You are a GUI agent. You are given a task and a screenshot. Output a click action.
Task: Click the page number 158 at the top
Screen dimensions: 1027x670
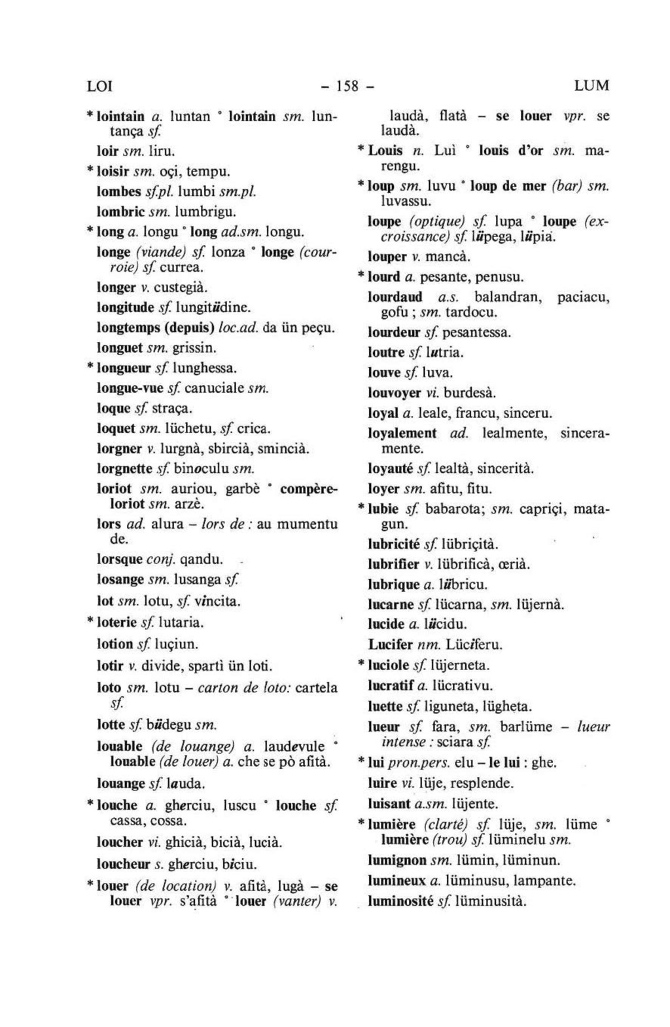point(345,86)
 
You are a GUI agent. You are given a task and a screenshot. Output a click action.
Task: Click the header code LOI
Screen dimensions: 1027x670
point(100,86)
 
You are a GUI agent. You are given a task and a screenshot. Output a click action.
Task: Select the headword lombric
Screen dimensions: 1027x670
point(120,212)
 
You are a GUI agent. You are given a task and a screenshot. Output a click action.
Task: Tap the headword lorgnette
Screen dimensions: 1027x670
point(125,469)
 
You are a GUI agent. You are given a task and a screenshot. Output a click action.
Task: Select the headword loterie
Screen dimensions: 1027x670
point(117,622)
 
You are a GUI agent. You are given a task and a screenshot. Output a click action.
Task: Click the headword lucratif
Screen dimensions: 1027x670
point(391,686)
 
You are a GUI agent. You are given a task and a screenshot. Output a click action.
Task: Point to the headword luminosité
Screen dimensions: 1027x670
point(400,901)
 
